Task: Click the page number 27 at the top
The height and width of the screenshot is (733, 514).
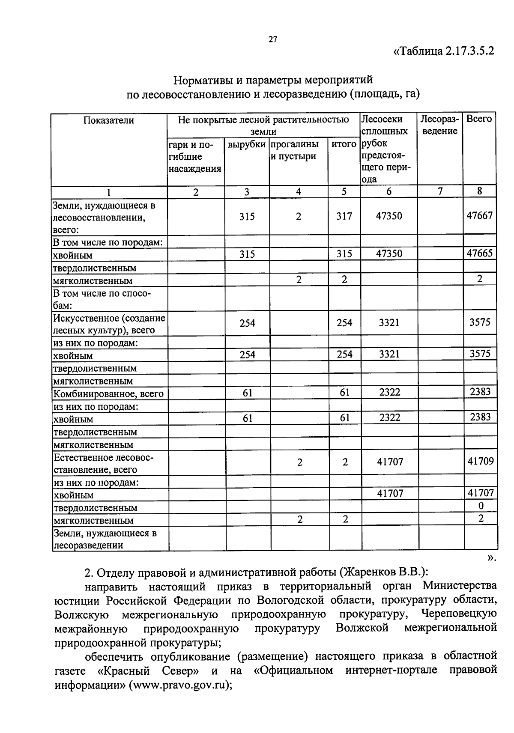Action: (273, 40)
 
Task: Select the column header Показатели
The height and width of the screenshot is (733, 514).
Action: (108, 120)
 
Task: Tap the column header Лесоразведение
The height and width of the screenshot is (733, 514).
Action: (439, 125)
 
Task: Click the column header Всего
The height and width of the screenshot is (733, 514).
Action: (479, 119)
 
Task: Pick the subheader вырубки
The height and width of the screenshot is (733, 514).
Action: (246, 145)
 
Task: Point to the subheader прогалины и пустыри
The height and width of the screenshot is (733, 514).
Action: (295, 150)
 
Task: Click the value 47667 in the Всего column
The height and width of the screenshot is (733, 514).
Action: (479, 215)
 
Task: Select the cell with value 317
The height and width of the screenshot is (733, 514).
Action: (344, 216)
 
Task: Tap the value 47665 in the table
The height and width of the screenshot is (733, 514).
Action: (479, 253)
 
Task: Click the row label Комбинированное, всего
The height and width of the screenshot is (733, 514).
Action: (108, 393)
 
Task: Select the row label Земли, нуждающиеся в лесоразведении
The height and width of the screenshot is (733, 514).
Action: (105, 539)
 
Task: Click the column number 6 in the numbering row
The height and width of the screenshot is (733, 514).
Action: (388, 192)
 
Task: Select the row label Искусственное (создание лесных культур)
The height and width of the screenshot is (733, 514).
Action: (109, 324)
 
